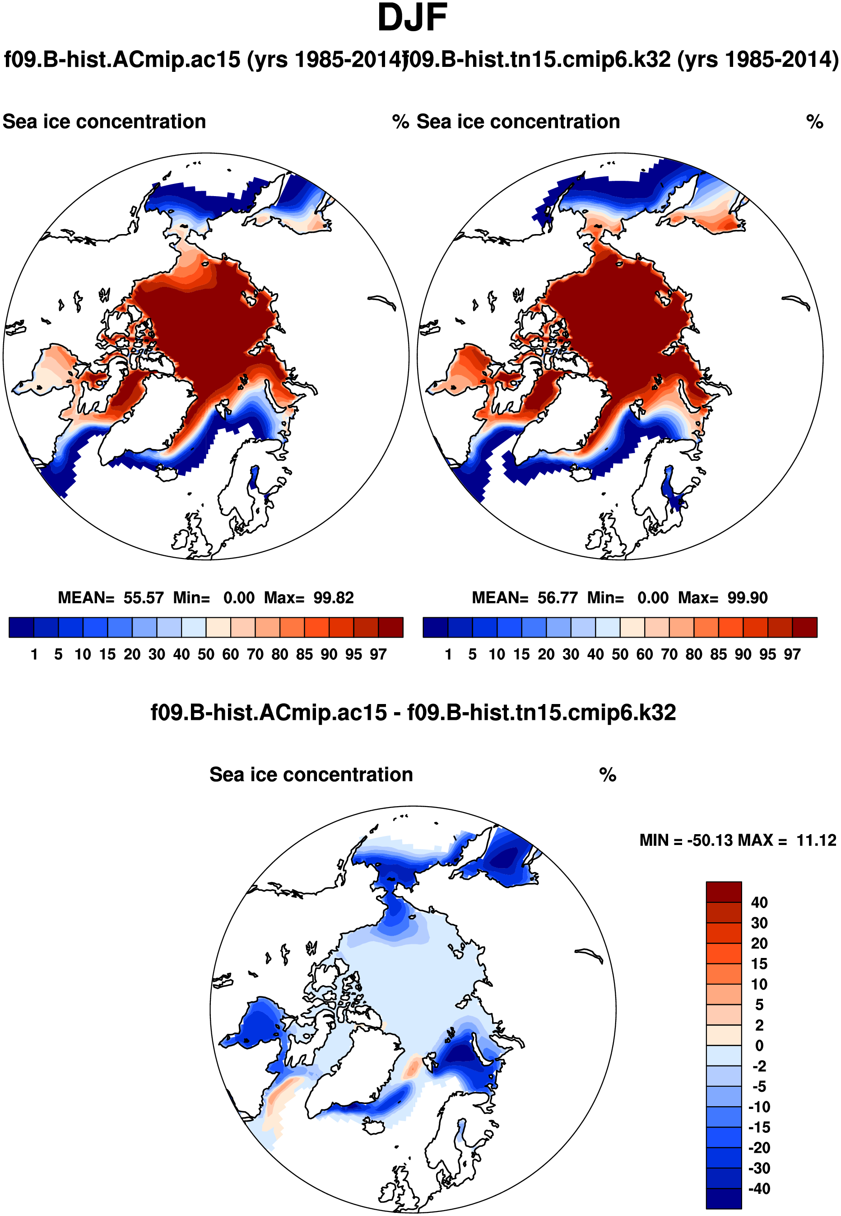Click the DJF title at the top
(x=413, y=18)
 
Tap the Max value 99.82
(x=334, y=597)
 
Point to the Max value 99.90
(x=748, y=597)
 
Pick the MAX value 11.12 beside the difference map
(x=816, y=840)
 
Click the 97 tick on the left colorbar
(x=378, y=654)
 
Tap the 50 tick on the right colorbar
(x=620, y=654)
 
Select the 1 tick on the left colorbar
(x=34, y=654)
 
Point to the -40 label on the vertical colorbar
(x=759, y=1188)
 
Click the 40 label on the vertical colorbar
(x=759, y=902)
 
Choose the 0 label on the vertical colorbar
(x=759, y=1045)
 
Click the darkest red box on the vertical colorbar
(x=724, y=892)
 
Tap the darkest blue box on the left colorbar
(x=22, y=627)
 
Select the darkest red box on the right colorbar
(x=804, y=627)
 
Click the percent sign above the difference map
(x=608, y=775)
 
